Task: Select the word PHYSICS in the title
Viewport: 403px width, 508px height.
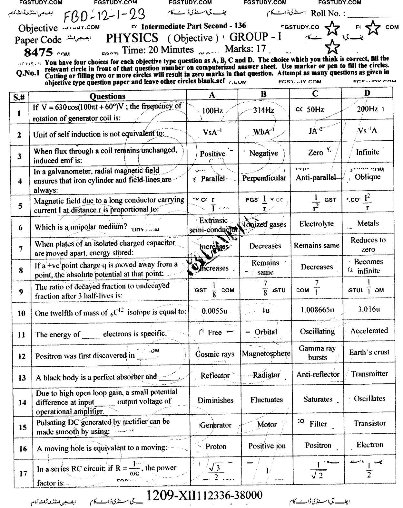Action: [x=132, y=38]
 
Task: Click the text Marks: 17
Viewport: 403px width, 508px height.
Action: [x=245, y=49]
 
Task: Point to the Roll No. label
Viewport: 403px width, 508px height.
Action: [x=328, y=14]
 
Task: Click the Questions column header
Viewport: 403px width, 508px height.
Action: [x=107, y=96]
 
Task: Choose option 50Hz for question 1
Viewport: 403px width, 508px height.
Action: [x=315, y=109]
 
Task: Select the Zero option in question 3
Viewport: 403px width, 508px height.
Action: [x=315, y=153]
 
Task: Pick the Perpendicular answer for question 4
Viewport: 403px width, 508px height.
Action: [x=264, y=178]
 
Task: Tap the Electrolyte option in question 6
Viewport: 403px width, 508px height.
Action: [x=316, y=224]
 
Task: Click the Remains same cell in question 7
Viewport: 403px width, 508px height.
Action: [x=316, y=245]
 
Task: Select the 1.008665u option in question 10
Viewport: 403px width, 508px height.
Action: [x=317, y=310]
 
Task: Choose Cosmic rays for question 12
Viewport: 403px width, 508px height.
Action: [x=215, y=354]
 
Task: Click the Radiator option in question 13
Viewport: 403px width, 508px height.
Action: [x=266, y=375]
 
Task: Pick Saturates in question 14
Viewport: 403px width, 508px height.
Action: [x=318, y=399]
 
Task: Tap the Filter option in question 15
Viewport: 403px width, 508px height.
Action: [x=318, y=424]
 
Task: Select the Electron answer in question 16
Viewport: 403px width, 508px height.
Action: [x=369, y=445]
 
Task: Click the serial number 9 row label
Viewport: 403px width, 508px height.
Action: [x=21, y=292]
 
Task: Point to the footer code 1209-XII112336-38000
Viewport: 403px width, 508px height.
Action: [x=204, y=495]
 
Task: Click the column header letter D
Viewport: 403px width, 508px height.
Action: [x=367, y=93]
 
